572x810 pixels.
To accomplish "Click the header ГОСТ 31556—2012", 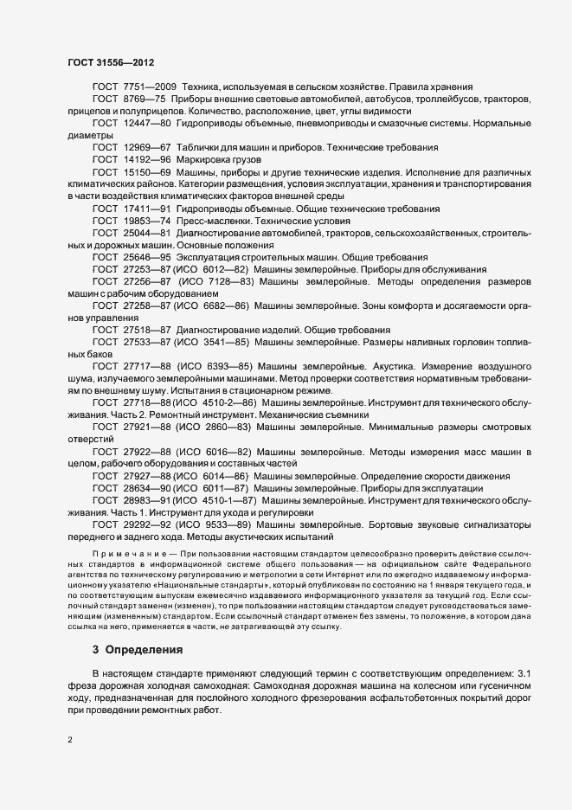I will tap(111, 63).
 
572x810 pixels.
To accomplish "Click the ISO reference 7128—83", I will tap(229, 282).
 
